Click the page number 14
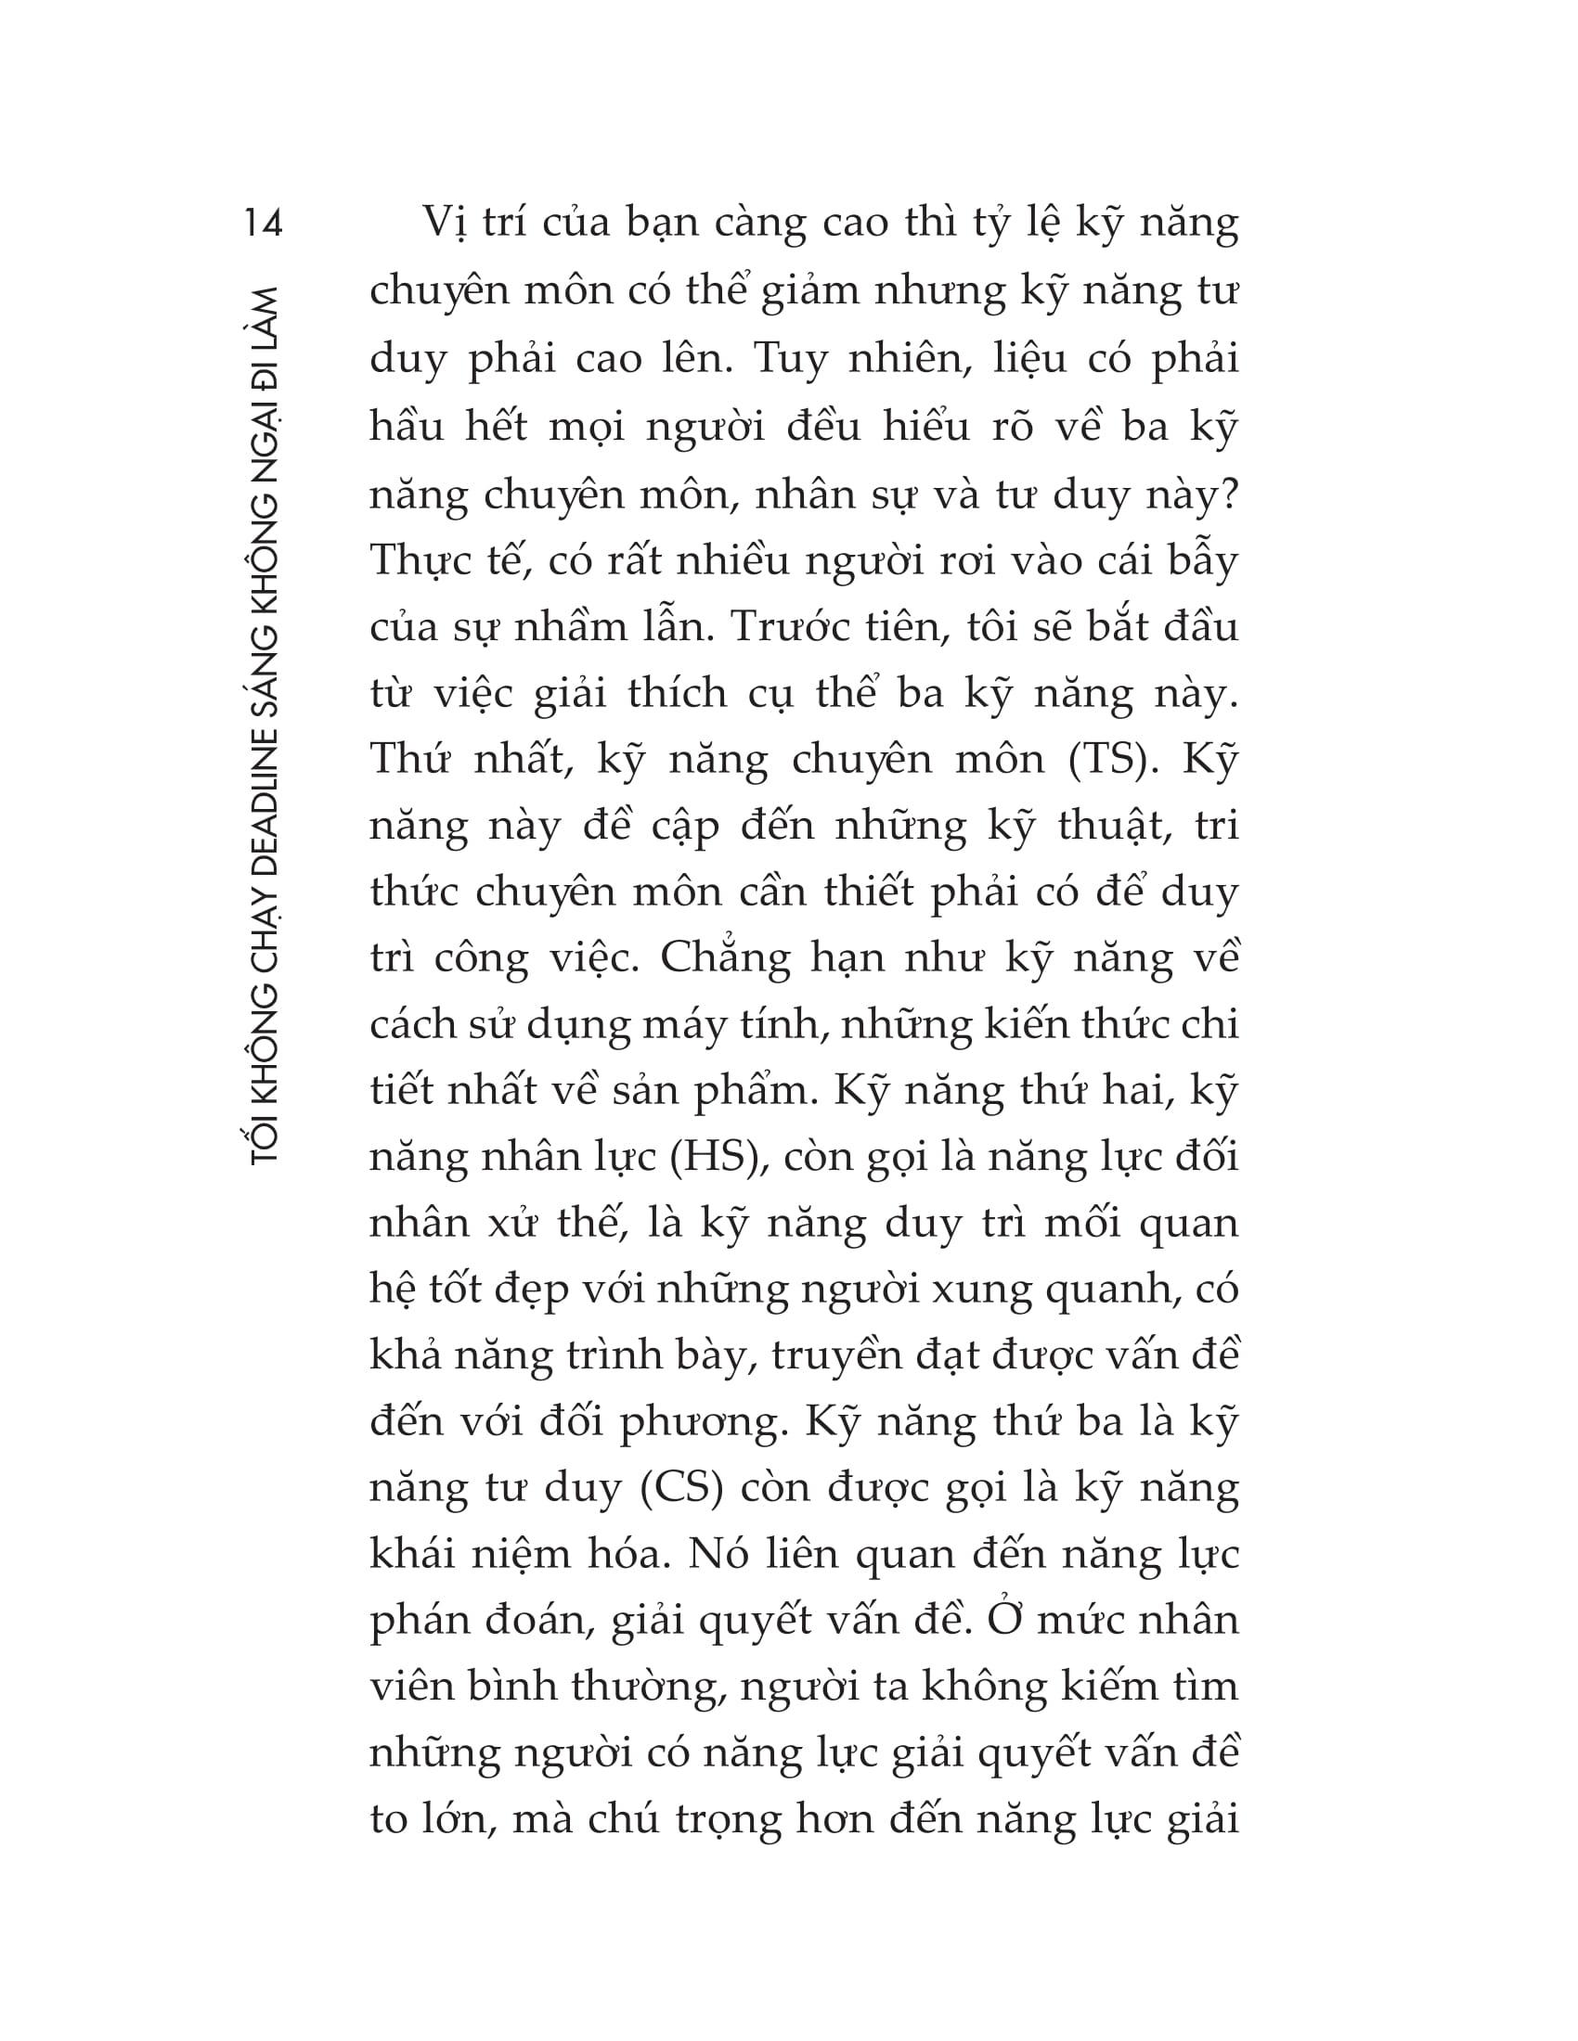point(263,225)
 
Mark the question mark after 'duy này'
point(1227,494)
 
